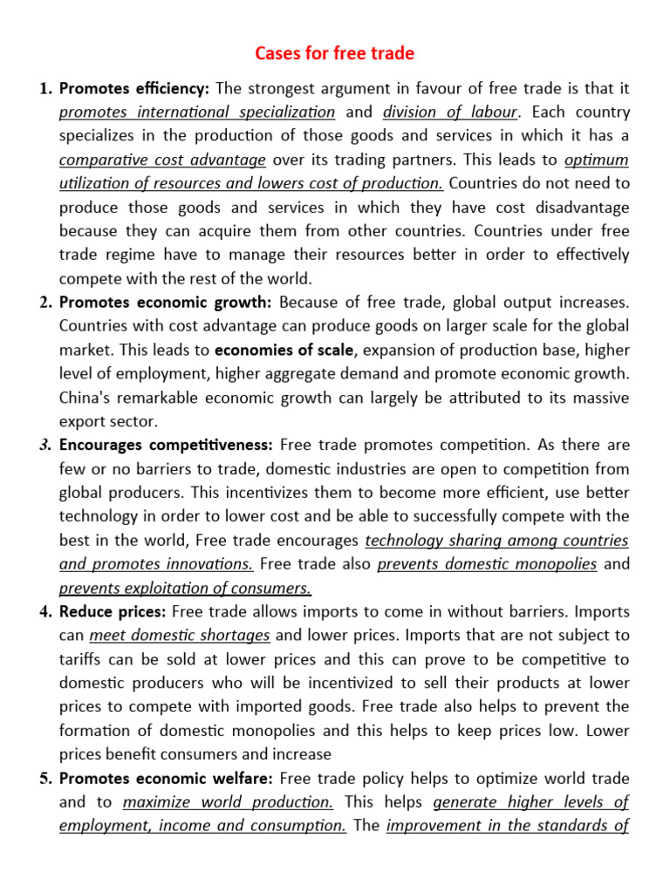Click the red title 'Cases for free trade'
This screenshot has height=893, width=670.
coord(334,54)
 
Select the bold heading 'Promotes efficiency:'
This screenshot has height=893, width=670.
coord(134,88)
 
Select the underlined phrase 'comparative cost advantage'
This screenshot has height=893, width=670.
coord(162,160)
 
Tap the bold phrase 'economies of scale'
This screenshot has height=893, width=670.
coord(284,350)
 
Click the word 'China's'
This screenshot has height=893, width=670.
coord(85,397)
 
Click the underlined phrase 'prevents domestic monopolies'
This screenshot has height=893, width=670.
coord(487,563)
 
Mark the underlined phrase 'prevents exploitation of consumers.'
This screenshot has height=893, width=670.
coord(185,587)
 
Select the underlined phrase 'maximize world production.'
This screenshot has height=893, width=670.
coord(228,801)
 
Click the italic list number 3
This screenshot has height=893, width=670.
coord(45,445)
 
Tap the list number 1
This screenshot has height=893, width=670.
coord(45,88)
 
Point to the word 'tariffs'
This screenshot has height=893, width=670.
coord(82,658)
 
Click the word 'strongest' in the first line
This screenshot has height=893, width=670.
coord(283,88)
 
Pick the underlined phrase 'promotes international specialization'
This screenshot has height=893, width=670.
coord(197,112)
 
